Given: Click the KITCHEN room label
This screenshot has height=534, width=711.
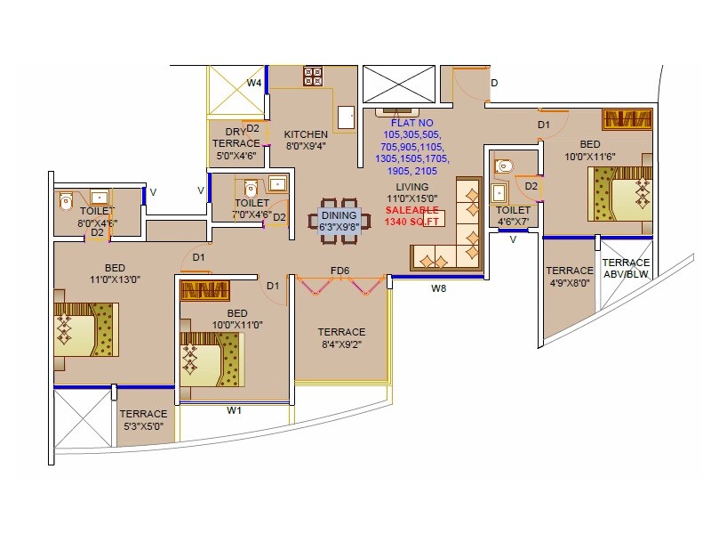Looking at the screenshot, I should (306, 134).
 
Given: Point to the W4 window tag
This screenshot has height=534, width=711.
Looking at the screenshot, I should (254, 83).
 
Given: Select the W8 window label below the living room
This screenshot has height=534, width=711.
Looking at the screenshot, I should (438, 288).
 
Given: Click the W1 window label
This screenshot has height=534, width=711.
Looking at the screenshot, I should (234, 410).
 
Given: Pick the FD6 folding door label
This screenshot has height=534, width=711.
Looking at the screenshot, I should (340, 271).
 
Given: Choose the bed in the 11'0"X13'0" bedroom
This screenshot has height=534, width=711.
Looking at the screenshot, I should (85, 330).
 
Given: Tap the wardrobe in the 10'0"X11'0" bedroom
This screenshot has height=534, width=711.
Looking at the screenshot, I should (205, 290).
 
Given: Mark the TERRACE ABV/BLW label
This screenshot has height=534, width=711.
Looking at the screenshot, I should (626, 268).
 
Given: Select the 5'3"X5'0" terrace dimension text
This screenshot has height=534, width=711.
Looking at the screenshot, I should (143, 427).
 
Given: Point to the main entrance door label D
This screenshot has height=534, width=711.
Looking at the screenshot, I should (494, 83).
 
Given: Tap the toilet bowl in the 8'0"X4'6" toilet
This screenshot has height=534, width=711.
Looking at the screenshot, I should (65, 202).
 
